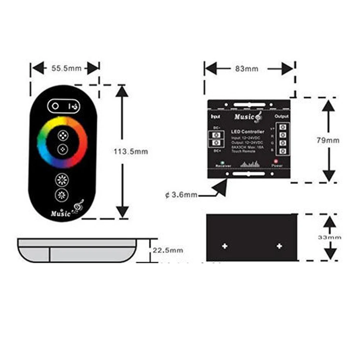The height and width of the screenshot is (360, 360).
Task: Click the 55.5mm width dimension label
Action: pyautogui.click(x=66, y=68)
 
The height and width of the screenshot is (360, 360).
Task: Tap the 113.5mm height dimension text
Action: pyautogui.click(x=131, y=152)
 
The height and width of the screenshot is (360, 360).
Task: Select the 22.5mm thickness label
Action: pyautogui.click(x=168, y=250)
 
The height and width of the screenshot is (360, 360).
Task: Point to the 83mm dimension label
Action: pyautogui.click(x=247, y=69)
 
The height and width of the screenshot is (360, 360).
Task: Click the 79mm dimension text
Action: pyautogui.click(x=328, y=140)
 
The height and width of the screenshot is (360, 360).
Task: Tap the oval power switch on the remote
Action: pyautogui.click(x=64, y=106)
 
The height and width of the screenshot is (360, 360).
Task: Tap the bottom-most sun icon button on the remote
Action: pyautogui.click(x=62, y=195)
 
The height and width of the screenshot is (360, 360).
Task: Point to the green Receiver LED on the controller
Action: pyautogui.click(x=223, y=162)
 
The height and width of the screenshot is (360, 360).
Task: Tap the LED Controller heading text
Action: pyautogui.click(x=247, y=132)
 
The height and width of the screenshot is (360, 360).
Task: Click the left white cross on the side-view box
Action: pyautogui.click(x=225, y=246)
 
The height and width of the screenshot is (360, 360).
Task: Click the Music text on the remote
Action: pyautogui.click(x=61, y=213)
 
